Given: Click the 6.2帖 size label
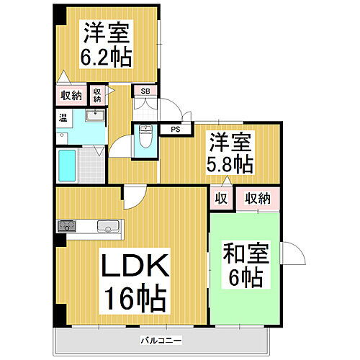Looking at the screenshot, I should (x=107, y=58).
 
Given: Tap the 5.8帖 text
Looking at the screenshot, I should (x=230, y=163).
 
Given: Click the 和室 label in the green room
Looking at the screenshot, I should (x=243, y=254).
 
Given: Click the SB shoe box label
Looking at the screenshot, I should (x=145, y=91).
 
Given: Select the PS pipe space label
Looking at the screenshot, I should (x=174, y=130).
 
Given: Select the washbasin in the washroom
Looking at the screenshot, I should (x=95, y=116).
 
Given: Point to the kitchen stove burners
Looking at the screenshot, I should (x=68, y=226).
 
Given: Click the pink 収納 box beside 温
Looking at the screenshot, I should (x=71, y=95).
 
